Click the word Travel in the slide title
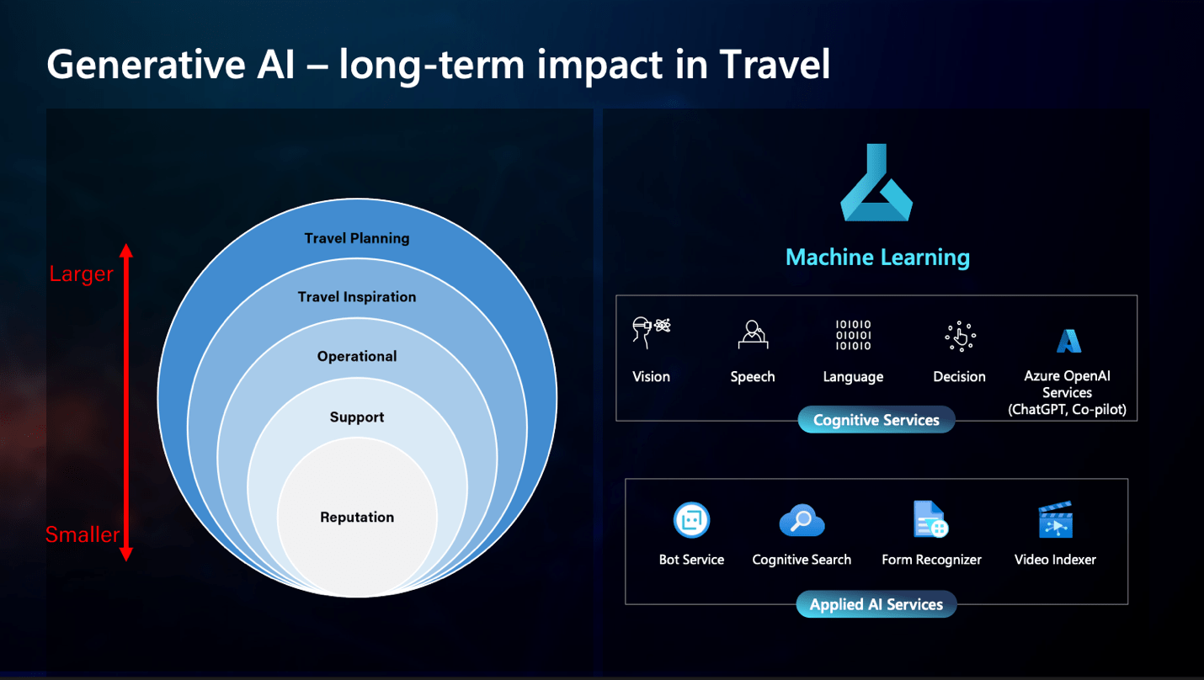775,65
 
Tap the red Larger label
81,274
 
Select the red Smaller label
83,534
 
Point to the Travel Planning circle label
357,238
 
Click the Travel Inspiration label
357,297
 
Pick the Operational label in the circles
357,356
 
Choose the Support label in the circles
357,417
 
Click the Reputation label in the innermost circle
357,518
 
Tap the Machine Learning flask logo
876,183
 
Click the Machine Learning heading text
877,258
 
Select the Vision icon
651,333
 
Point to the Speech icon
753,335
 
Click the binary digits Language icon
853,335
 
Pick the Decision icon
960,337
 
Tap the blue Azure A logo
1068,341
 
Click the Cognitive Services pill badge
876,419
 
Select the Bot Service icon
692,520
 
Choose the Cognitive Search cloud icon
802,520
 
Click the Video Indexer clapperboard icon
1056,519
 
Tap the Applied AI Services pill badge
876,604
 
